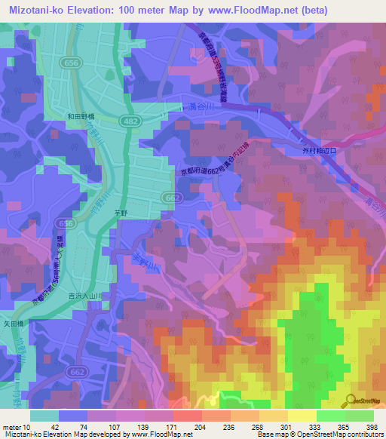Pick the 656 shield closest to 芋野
pyautogui.click(x=67, y=225)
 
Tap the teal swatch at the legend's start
pyautogui.click(x=44, y=416)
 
